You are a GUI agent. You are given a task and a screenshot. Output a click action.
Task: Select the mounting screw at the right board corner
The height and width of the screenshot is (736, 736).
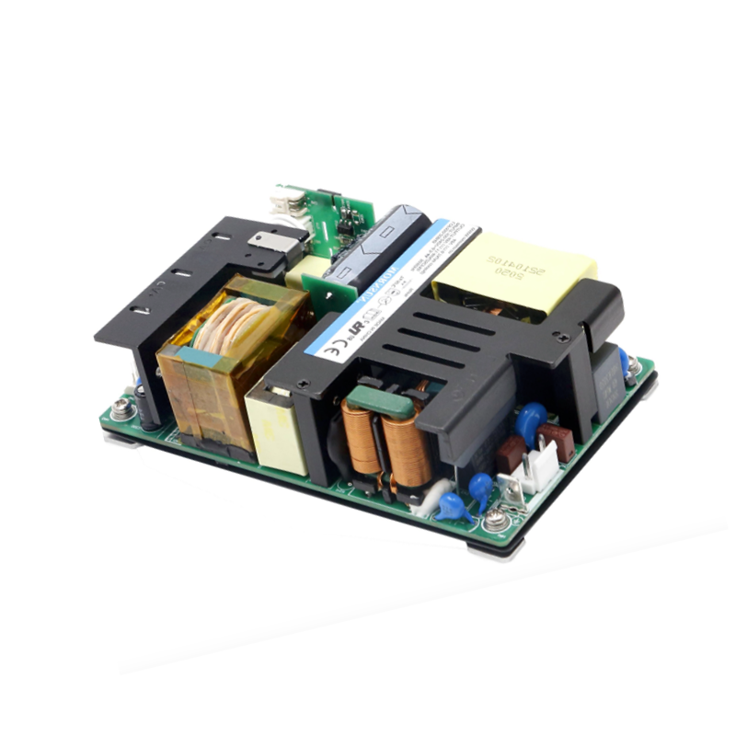click(x=634, y=366)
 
